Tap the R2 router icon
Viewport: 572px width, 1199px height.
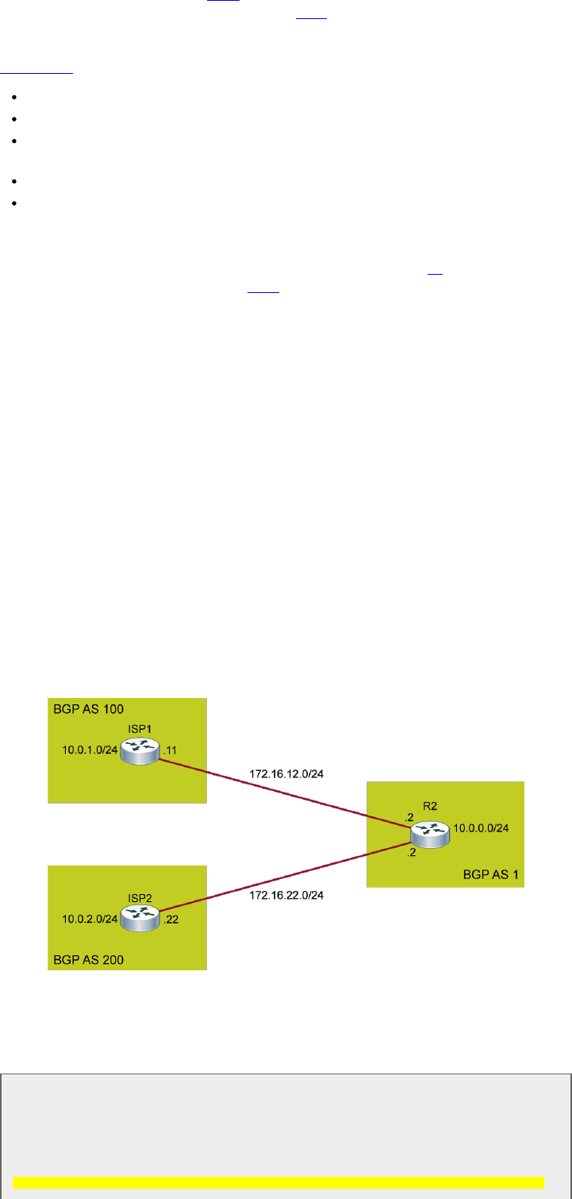(429, 833)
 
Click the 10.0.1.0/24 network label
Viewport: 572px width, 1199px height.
(90, 749)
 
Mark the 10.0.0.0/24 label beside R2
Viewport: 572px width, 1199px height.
(481, 828)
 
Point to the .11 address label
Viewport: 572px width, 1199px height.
(171, 750)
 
